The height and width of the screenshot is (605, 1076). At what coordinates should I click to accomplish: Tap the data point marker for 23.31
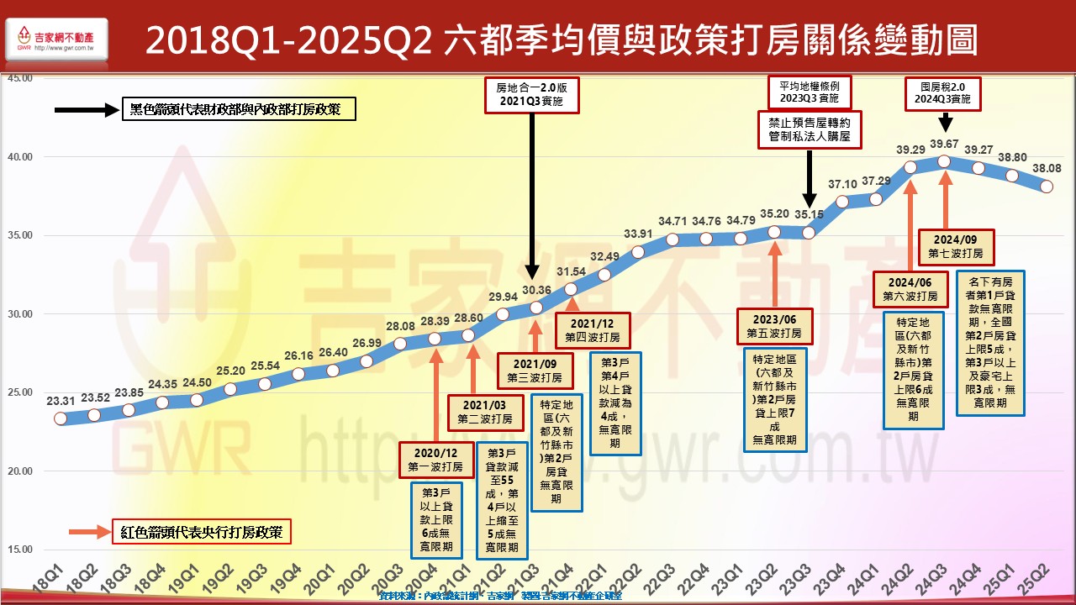pyautogui.click(x=60, y=418)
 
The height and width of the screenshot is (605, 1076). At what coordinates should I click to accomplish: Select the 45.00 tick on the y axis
pyautogui.click(x=18, y=78)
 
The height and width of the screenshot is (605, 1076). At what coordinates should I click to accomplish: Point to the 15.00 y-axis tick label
pyautogui.click(x=18, y=550)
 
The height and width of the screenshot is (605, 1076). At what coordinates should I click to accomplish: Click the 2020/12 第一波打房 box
pyautogui.click(x=434, y=460)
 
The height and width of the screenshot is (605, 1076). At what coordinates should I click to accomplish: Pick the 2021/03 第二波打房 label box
pyautogui.click(x=485, y=411)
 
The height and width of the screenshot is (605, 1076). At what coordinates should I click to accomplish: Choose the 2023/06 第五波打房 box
pyautogui.click(x=775, y=326)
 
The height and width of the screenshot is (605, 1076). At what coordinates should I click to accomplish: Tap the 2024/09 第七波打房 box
pyautogui.click(x=956, y=245)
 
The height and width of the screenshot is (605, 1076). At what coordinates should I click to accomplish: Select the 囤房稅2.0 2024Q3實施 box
pyautogui.click(x=943, y=92)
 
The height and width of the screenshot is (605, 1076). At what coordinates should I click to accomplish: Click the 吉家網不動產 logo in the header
pyautogui.click(x=55, y=40)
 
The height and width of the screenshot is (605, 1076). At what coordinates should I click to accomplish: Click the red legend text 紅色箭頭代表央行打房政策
pyautogui.click(x=201, y=532)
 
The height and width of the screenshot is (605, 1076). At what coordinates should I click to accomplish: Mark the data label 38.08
pyautogui.click(x=1046, y=168)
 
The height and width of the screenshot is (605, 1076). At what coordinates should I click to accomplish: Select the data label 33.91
pyautogui.click(x=638, y=234)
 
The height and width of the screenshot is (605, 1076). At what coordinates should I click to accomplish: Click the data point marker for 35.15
pyautogui.click(x=809, y=232)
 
